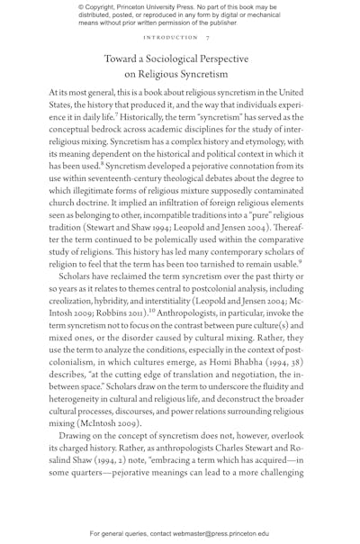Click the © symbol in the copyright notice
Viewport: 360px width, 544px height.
tap(72, 6)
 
